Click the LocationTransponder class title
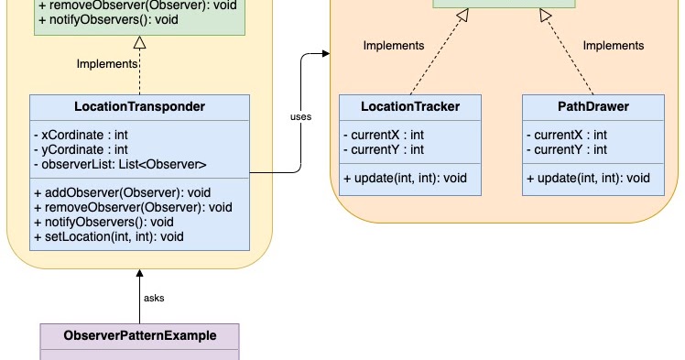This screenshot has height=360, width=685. (139, 107)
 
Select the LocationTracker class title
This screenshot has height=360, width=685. (410, 107)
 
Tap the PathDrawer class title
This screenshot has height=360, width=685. (593, 107)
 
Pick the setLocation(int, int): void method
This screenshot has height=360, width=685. (109, 236)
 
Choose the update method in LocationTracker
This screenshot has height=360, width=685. (405, 178)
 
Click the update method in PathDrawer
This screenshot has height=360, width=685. (588, 178)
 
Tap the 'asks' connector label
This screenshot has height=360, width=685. (154, 298)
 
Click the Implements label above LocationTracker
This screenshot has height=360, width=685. (394, 46)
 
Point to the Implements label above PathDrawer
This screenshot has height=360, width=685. (613, 46)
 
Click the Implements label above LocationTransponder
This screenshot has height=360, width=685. (107, 64)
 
